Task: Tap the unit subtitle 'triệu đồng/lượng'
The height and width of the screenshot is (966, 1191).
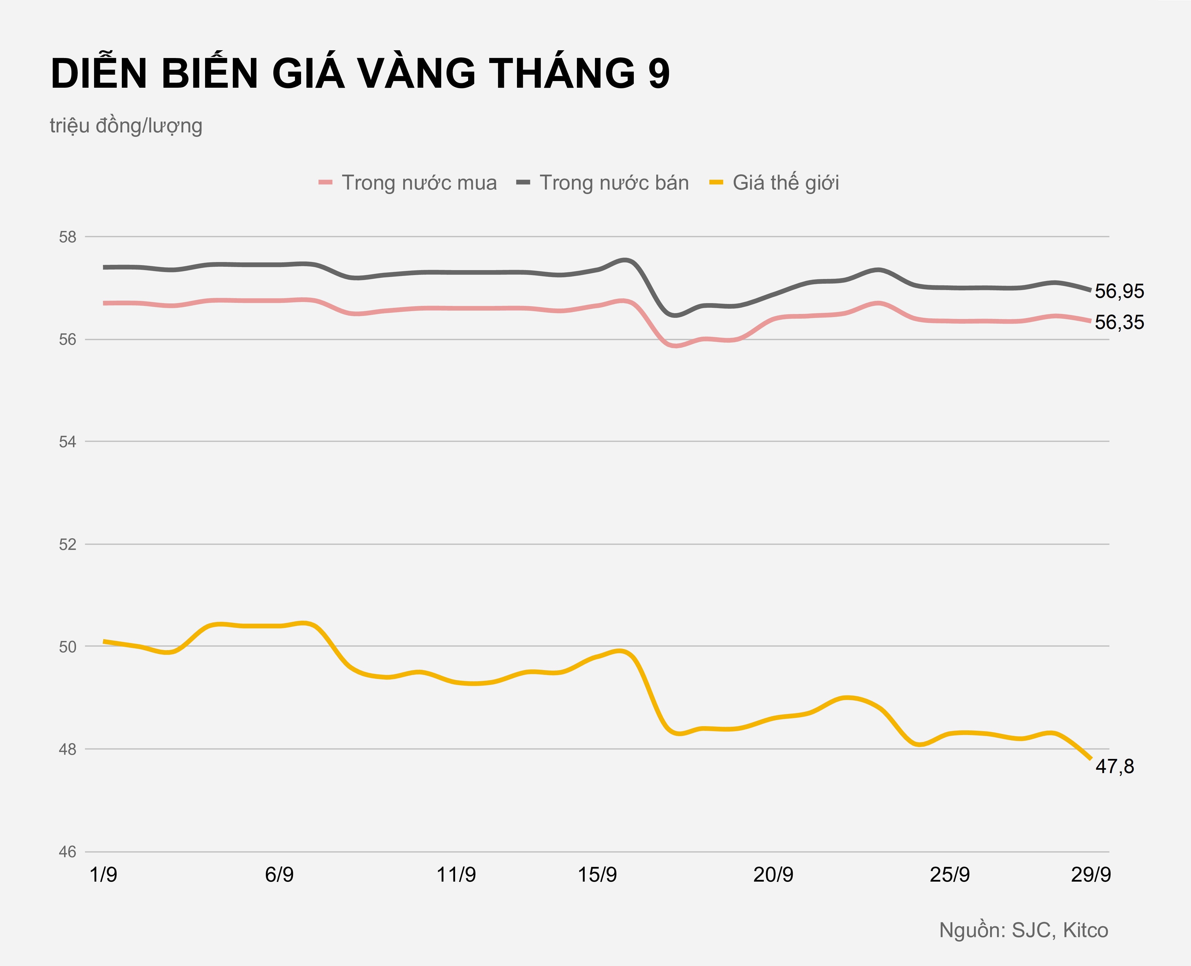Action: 126,126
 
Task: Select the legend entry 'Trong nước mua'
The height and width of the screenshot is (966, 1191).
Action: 418,183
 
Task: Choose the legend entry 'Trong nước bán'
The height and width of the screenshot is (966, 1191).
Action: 614,183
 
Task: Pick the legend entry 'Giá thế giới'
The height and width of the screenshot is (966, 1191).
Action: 785,183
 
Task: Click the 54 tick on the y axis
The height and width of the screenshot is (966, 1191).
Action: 67,442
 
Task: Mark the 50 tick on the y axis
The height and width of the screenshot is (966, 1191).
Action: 67,646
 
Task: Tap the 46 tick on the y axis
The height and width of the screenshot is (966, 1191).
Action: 67,851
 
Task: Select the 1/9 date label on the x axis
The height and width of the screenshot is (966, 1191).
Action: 104,875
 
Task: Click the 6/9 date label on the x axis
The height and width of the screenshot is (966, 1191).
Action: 279,875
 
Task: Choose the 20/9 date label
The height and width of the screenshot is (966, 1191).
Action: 773,875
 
